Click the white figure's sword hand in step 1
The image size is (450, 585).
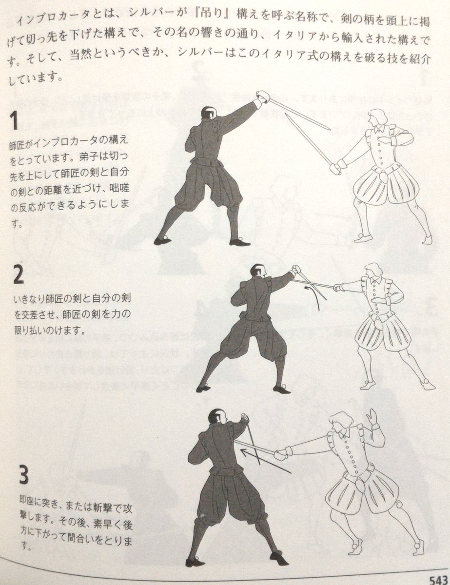[335, 169]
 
